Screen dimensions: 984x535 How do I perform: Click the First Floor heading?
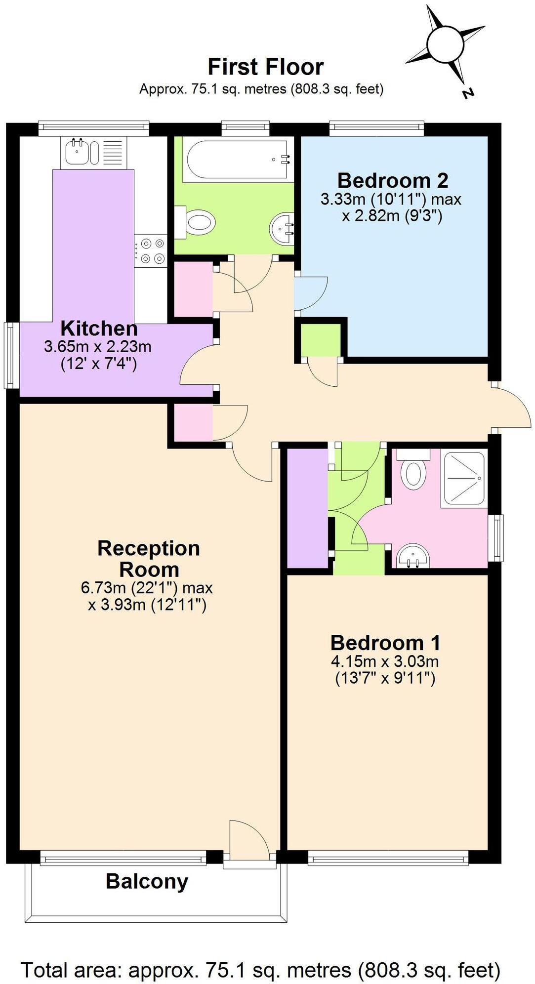click(265, 67)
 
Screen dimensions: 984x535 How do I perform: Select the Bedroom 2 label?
click(392, 180)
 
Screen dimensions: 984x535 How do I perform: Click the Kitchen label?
click(99, 328)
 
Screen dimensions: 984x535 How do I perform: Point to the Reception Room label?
click(148, 559)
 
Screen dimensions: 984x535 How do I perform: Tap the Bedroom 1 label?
click(385, 643)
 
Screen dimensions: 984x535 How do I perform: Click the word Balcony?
click(147, 881)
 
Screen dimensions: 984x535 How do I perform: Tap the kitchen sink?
click(78, 152)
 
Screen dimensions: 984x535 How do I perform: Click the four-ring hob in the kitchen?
click(152, 251)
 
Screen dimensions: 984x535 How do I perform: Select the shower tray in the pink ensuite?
click(464, 478)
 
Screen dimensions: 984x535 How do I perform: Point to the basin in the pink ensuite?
click(413, 557)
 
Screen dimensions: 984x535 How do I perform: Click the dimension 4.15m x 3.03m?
click(385, 661)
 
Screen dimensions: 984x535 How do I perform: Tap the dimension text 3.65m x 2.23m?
click(98, 347)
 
